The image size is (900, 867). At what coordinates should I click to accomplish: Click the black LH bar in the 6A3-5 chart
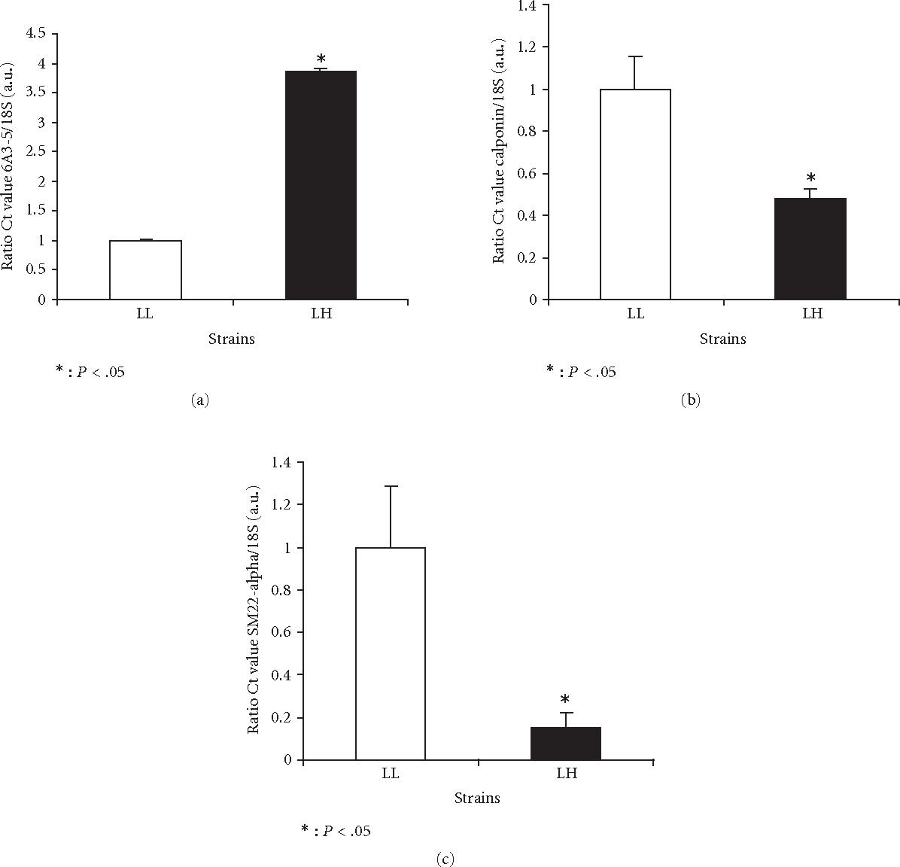pos(321,185)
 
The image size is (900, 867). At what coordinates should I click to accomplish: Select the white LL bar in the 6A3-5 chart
pos(145,269)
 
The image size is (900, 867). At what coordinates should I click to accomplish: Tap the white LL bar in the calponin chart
pos(635,194)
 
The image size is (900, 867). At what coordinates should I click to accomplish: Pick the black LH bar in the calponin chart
pos(810,248)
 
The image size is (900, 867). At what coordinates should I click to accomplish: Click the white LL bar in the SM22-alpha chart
pos(390,653)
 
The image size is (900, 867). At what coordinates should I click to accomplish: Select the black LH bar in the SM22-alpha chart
pos(566,744)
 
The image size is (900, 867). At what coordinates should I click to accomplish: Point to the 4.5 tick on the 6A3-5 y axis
pos(36,33)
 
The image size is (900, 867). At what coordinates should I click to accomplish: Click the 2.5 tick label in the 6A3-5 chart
pos(36,151)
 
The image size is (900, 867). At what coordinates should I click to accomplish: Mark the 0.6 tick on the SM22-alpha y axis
pos(281,633)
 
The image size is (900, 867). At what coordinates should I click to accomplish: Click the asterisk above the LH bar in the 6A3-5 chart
pos(321,59)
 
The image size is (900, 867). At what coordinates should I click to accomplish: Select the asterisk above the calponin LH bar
pos(810,178)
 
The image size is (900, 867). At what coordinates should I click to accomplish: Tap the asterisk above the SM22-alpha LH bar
pos(565,701)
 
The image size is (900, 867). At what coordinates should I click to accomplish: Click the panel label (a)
pos(199,400)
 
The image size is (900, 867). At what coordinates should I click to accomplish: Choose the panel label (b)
pos(690,400)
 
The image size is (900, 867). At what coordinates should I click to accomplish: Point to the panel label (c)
pos(445,858)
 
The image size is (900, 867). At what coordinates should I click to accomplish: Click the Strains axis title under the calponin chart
pos(722,339)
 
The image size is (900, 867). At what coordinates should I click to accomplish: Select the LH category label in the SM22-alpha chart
pos(566,774)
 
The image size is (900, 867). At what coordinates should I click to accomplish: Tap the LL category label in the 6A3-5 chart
pos(145,314)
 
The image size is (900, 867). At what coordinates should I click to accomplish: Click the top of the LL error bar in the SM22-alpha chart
pos(390,486)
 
